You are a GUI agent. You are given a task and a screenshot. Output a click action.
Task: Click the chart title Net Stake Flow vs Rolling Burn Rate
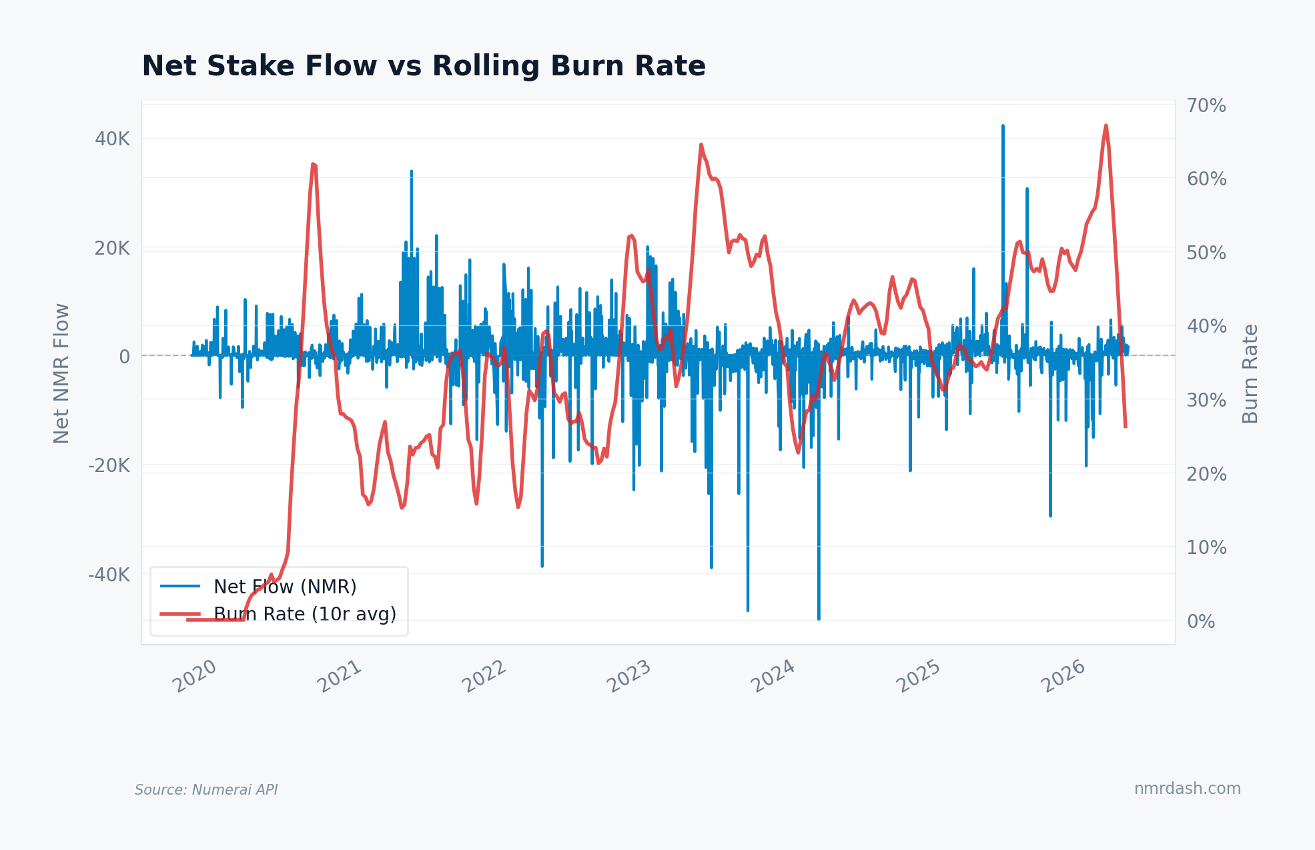[423, 67]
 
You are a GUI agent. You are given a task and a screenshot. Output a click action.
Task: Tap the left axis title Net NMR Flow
[61, 373]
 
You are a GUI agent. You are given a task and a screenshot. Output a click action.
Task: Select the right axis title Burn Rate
[1250, 373]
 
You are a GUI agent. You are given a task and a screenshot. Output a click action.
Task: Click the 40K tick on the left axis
[112, 139]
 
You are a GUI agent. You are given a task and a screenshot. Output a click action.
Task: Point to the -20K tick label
[109, 465]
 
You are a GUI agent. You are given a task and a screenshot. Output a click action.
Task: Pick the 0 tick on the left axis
[124, 357]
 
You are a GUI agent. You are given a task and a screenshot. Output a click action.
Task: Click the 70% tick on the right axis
[1206, 106]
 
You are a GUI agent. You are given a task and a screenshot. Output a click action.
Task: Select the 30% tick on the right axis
[1206, 401]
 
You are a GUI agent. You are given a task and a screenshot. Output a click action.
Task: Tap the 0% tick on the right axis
[1201, 622]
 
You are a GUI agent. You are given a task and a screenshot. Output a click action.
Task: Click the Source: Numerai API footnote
[206, 790]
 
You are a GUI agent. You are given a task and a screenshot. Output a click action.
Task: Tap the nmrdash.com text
[1187, 789]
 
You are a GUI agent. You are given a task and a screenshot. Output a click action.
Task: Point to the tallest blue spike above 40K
[1003, 127]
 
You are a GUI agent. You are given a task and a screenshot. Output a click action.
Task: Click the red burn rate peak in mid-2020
[313, 164]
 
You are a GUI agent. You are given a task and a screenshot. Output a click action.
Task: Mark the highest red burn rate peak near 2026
[1106, 126]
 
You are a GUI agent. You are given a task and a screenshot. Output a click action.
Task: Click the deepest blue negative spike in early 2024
[819, 617]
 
